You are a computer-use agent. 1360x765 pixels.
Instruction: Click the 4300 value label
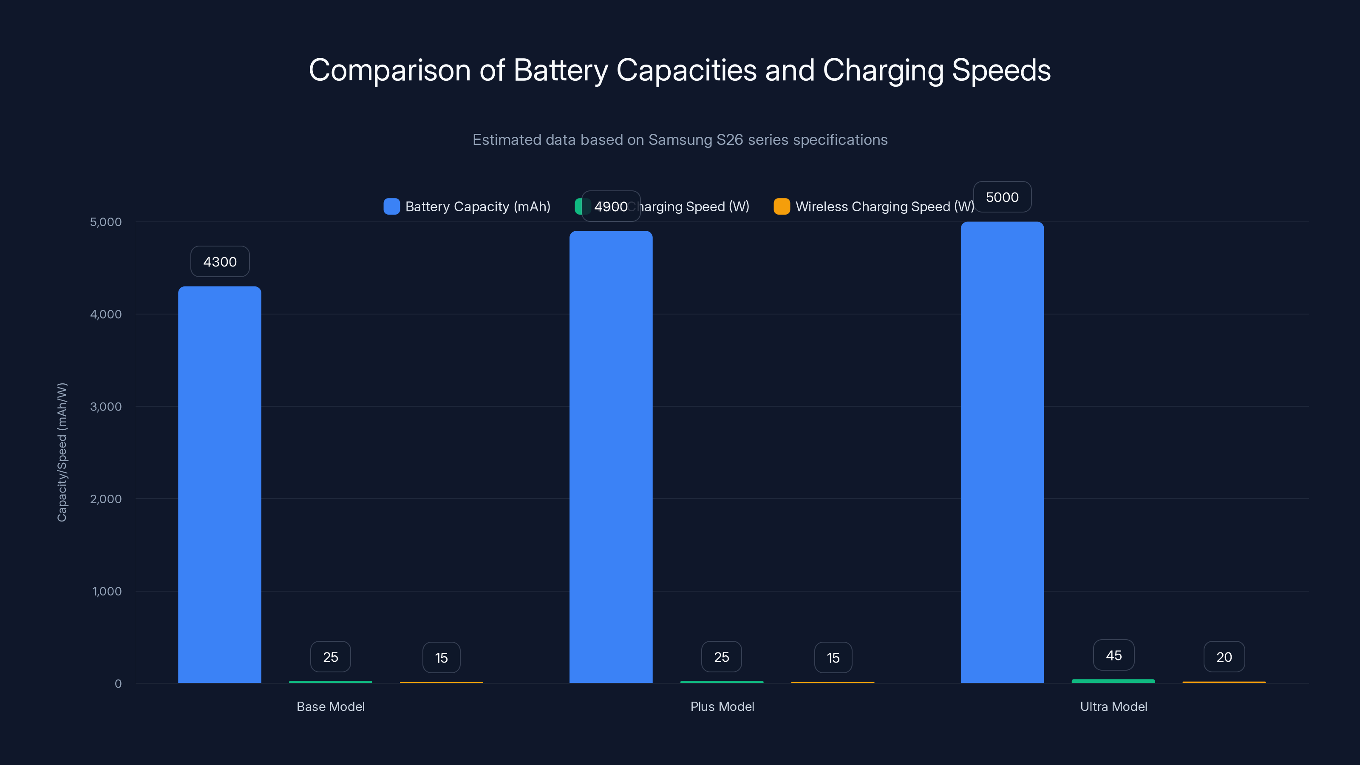(x=220, y=262)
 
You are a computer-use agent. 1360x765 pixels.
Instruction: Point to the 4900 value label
(x=611, y=207)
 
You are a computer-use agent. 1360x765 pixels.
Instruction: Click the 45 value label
(x=1113, y=655)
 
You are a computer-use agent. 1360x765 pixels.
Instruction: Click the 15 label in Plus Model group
(x=833, y=658)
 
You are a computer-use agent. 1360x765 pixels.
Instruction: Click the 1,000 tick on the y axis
(x=107, y=591)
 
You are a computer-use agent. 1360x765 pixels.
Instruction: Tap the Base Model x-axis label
(x=331, y=706)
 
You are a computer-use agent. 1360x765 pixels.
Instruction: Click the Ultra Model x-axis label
(x=1113, y=706)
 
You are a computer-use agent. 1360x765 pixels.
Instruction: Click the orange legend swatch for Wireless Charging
(x=782, y=207)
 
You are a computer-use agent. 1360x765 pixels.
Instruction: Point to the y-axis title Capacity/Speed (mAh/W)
(x=62, y=453)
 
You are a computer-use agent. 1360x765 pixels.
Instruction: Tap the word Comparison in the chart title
(x=390, y=70)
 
